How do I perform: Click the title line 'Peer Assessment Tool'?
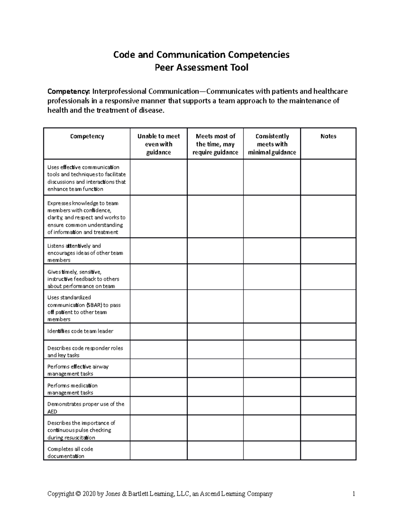point(201,67)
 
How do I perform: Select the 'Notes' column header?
point(328,136)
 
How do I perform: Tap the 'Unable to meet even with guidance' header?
point(159,144)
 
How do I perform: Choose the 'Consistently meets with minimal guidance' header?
point(272,144)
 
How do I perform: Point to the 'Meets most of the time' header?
point(215,144)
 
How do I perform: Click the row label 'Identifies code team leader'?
point(80,331)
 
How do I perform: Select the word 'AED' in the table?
point(52,411)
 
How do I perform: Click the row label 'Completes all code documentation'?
point(70,452)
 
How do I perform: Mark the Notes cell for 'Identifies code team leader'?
point(328,331)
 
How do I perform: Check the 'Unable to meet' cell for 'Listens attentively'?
point(159,251)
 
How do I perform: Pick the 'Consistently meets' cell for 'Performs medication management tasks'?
point(272,387)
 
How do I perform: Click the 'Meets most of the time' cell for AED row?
point(215,406)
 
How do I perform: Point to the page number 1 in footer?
point(353,493)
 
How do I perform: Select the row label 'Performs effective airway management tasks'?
point(78,370)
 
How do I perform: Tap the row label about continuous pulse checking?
point(81,430)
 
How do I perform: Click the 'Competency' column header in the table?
point(87,136)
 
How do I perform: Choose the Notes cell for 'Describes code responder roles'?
point(328,350)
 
